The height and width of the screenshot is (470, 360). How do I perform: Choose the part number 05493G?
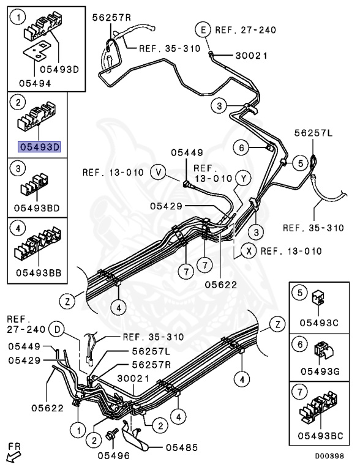[x=320, y=371]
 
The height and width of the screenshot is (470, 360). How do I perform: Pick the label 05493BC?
[x=320, y=435]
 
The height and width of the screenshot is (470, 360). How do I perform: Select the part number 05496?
[x=111, y=455]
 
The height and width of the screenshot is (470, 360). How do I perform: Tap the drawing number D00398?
[x=330, y=456]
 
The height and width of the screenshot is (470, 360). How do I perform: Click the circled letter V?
[x=159, y=173]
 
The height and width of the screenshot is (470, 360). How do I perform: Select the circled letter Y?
[x=244, y=178]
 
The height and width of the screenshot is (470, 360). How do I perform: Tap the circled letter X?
[x=248, y=250]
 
